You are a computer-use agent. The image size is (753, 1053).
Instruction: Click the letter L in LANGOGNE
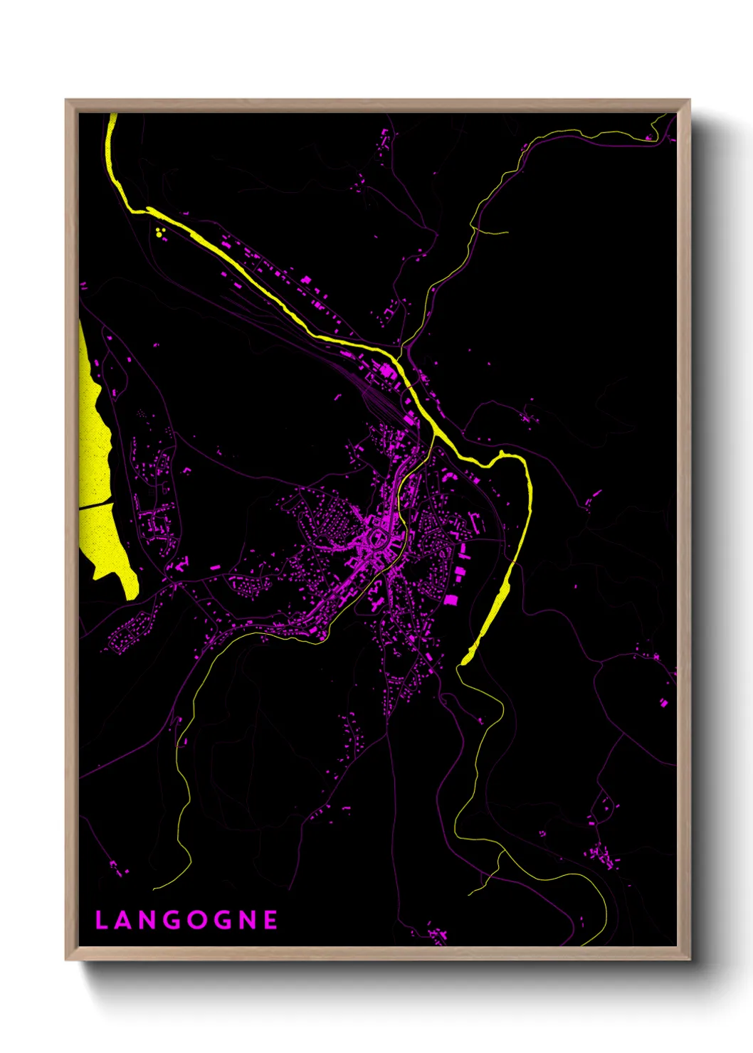[x=101, y=920]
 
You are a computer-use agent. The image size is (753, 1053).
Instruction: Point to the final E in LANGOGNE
[x=270, y=920]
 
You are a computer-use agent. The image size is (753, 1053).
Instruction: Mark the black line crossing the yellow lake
[x=96, y=506]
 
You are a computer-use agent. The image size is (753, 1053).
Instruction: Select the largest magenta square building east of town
[x=451, y=599]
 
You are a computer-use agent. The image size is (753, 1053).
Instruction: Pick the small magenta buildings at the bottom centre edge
[x=436, y=933]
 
